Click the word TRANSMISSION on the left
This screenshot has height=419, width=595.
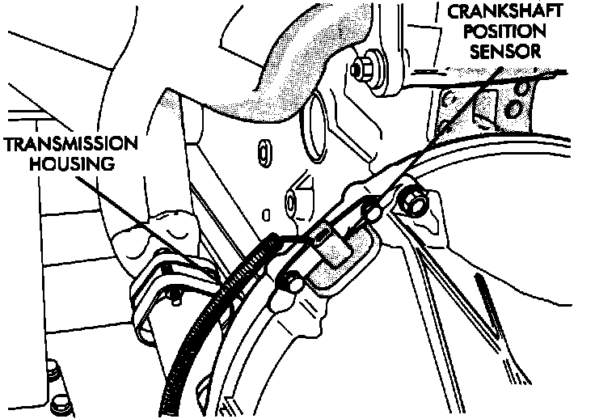click(70, 146)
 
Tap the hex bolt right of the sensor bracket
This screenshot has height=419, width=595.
click(412, 201)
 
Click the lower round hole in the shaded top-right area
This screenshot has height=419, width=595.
click(513, 108)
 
